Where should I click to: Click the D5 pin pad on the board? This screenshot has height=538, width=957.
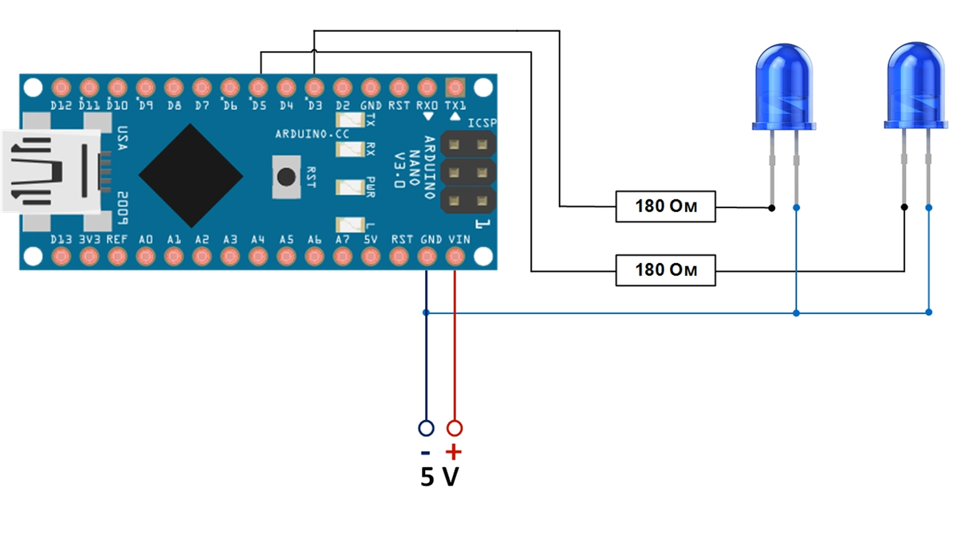tap(258, 86)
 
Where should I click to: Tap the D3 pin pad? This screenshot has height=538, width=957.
tap(314, 86)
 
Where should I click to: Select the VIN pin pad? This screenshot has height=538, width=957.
tap(455, 256)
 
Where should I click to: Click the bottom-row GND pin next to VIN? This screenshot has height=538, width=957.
tap(427, 256)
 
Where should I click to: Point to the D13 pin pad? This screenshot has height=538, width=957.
tap(61, 256)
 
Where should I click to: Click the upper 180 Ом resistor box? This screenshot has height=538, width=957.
tap(665, 207)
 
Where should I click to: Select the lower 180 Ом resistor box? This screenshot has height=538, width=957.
tap(665, 270)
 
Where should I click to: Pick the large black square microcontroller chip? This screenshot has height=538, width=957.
tap(191, 175)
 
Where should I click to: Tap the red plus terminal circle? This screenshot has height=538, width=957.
tap(455, 428)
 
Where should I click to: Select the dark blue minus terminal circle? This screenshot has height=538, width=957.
tap(426, 428)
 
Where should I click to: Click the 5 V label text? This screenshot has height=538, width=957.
tap(440, 477)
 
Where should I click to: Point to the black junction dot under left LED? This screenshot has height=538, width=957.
tap(771, 208)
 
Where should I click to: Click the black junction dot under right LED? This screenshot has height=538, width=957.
tap(904, 207)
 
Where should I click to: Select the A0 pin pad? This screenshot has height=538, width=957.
tap(145, 256)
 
